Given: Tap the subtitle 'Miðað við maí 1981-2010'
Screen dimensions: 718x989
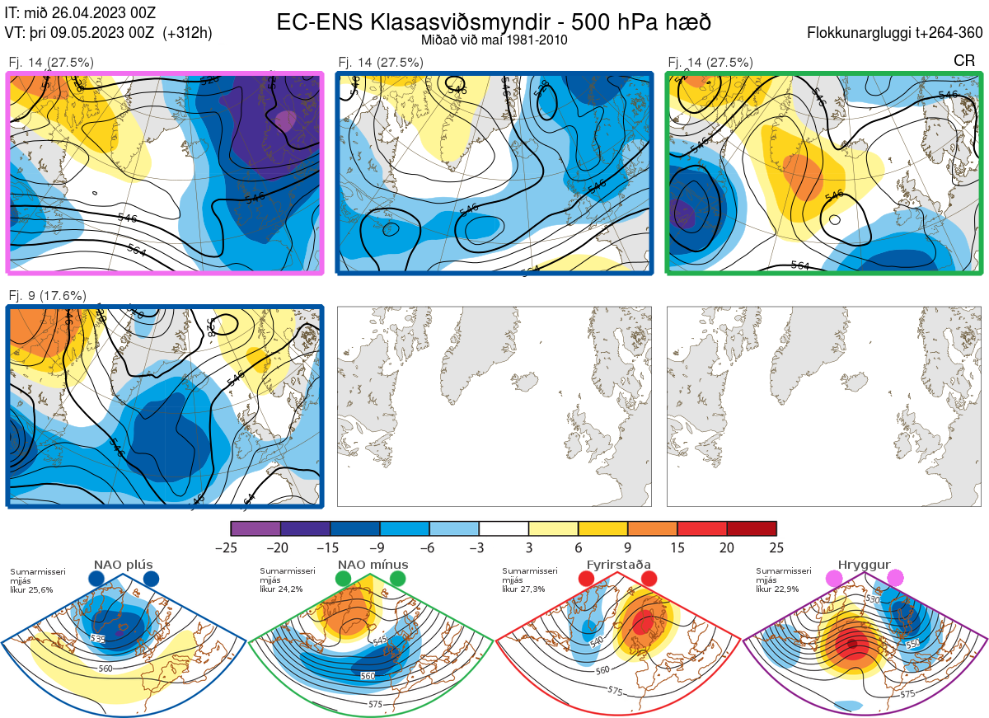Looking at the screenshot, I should click(x=493, y=40).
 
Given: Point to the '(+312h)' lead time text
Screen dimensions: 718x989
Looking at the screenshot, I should click(x=188, y=33).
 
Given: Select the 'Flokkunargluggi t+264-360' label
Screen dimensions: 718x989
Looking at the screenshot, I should click(x=898, y=33).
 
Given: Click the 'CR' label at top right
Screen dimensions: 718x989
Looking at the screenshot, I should click(x=964, y=61).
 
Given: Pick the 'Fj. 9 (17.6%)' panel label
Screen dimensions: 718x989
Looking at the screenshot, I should click(x=47, y=296).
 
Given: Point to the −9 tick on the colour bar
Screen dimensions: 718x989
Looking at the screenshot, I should click(x=380, y=547).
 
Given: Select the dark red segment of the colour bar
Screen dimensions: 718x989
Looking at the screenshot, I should click(x=752, y=528).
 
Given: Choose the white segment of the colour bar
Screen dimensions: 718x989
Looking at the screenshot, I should click(x=504, y=528).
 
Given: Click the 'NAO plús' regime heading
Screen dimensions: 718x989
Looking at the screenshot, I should click(x=123, y=565).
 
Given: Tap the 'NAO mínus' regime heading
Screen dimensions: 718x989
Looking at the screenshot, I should click(x=373, y=565).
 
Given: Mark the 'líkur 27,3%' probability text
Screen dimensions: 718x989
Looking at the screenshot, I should click(x=520, y=589).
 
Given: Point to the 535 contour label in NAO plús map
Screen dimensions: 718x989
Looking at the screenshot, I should click(x=98, y=639).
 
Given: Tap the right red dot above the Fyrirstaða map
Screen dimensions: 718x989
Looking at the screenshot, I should click(x=648, y=579).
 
